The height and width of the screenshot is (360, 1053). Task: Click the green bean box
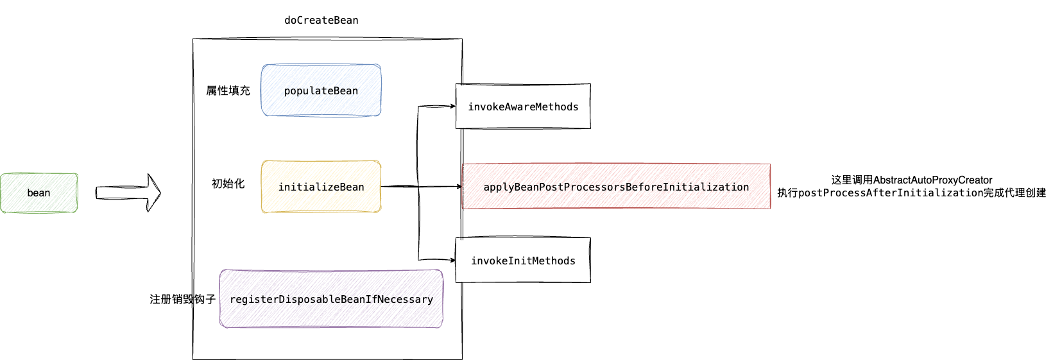point(39,193)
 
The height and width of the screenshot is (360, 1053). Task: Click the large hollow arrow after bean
point(128,193)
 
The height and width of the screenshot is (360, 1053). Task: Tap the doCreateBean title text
point(321,20)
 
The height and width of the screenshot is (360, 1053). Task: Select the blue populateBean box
point(321,90)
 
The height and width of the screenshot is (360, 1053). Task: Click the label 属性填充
point(228,90)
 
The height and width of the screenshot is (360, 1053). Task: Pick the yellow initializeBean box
point(321,187)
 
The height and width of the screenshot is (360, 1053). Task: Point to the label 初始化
point(228,184)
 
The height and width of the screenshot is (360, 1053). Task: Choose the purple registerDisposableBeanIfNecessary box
point(331,299)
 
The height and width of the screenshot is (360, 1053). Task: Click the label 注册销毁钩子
point(182,300)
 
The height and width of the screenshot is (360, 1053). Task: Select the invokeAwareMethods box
point(523,107)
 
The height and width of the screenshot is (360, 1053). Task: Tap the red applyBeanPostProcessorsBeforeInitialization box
point(616,186)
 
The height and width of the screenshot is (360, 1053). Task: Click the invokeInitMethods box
point(523,260)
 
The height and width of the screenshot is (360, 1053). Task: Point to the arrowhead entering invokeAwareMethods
point(452,107)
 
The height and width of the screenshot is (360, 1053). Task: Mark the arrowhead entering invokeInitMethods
point(452,260)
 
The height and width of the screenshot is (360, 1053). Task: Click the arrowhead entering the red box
point(459,187)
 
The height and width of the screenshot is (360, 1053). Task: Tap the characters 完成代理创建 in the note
point(1015,193)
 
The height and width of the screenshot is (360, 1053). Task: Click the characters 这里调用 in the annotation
point(852,180)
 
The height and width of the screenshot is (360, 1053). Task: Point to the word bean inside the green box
point(39,193)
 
